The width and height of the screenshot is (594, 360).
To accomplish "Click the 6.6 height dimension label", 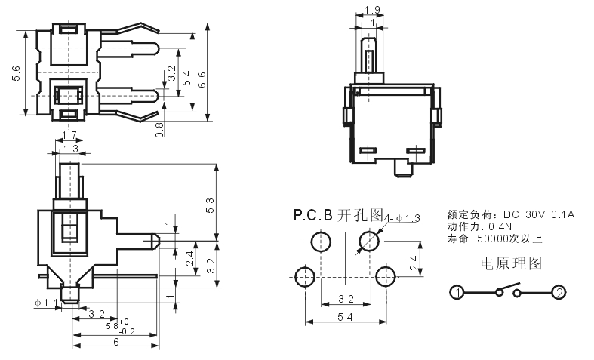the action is [202, 79].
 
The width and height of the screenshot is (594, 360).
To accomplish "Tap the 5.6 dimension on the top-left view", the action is [17, 73].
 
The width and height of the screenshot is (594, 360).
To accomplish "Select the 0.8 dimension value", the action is [160, 130].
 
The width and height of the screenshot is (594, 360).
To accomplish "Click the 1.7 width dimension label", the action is [69, 135].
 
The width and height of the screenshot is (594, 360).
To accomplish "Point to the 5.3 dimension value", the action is [211, 205].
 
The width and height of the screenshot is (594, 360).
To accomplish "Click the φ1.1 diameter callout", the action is [46, 303].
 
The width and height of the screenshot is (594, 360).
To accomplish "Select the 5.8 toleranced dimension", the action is [121, 326].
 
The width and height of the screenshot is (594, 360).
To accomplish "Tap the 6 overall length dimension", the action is [116, 342].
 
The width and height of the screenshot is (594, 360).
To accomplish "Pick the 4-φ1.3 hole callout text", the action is [402, 218].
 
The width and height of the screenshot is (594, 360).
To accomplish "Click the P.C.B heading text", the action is [313, 215].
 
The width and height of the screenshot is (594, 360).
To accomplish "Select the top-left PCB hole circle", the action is [322, 242].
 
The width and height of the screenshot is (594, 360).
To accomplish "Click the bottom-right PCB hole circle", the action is [386, 276].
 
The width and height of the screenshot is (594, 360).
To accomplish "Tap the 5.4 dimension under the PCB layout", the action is [346, 317].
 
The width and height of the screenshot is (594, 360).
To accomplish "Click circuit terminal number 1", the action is [457, 293].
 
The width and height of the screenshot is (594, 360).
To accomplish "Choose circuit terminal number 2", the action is [559, 293].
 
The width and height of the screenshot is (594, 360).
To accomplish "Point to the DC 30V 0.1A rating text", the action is [539, 215].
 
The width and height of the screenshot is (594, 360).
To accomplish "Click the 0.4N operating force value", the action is [500, 227].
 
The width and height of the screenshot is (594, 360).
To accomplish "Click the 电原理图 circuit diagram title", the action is [511, 263].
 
